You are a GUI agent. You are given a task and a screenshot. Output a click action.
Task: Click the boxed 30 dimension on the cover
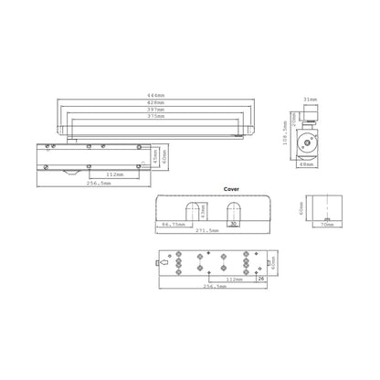[233, 222]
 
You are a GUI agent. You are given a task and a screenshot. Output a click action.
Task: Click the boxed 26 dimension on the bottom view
[260, 279]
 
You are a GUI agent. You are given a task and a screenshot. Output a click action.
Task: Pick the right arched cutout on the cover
[228, 210]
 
